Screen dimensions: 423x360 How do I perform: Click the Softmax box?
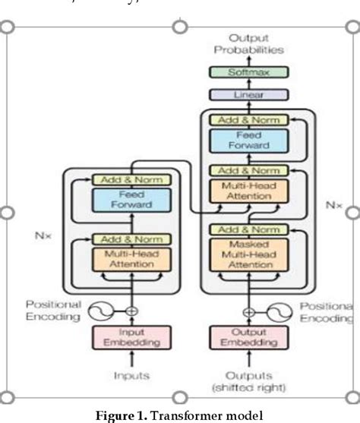(x=248, y=72)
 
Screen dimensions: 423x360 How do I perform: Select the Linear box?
(x=248, y=96)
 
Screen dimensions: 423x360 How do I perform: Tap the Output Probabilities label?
(x=248, y=43)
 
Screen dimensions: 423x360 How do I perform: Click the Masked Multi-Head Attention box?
(x=248, y=254)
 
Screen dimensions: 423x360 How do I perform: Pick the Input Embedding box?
(x=132, y=337)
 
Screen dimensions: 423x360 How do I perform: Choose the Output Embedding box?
(x=248, y=337)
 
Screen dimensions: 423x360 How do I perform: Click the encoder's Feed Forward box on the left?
(x=132, y=200)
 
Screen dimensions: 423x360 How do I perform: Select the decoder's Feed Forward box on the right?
(x=248, y=140)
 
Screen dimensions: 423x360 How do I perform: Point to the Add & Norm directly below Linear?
(x=248, y=119)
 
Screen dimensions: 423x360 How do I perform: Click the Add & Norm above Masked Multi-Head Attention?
(x=248, y=229)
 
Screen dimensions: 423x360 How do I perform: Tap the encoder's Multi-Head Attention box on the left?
(x=132, y=258)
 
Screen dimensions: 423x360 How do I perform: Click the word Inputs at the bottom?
(x=132, y=375)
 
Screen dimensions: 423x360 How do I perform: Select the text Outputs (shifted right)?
(x=248, y=380)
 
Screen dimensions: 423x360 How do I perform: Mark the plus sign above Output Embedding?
(x=248, y=311)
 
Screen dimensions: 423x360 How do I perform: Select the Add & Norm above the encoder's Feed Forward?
(x=132, y=180)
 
